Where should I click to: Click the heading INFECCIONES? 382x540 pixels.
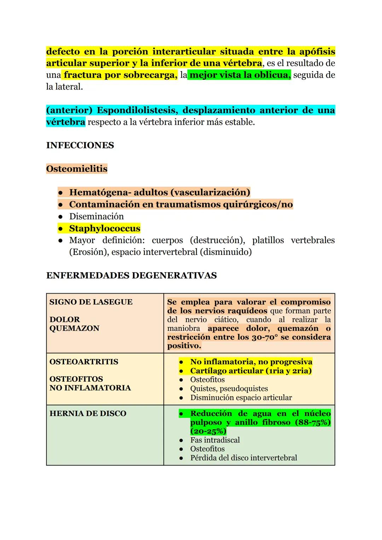80,145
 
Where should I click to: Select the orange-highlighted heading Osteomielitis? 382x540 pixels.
77,169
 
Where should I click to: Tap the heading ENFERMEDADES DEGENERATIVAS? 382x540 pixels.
131,275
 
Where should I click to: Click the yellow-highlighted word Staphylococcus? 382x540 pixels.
105,228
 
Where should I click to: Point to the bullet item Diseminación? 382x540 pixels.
96,216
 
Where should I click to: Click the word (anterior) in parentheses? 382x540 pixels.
69,110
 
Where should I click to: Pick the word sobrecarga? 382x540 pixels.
149,75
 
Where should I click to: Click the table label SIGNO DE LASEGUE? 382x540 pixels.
91,302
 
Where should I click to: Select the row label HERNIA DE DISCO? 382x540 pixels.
88,413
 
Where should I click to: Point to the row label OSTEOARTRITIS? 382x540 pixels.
84,362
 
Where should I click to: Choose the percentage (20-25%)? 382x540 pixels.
208,431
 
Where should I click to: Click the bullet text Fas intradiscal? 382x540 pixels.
215,440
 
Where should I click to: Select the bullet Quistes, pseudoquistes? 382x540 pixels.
229,388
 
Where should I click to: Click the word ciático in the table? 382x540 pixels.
226,319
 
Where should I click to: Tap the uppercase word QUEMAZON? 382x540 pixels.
74,328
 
